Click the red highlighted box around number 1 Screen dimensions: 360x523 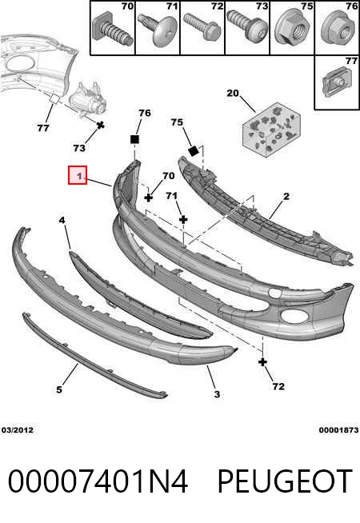pyautogui.click(x=78, y=175)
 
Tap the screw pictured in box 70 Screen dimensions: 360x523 pyautogui.click(x=112, y=30)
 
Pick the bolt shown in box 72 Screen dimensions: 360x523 pyautogui.click(x=202, y=27)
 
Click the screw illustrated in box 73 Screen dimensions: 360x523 pyautogui.click(x=247, y=26)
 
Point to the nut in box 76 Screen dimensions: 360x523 pyautogui.click(x=338, y=29)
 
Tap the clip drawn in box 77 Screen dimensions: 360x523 pyautogui.click(x=336, y=82)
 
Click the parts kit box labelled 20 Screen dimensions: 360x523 pyautogui.click(x=271, y=129)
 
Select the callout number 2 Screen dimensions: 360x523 pyautogui.click(x=286, y=197)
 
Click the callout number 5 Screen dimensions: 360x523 pyautogui.click(x=59, y=389)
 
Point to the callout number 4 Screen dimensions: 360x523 pyautogui.click(x=62, y=220)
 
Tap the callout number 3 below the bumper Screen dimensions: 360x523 pyautogui.click(x=217, y=394)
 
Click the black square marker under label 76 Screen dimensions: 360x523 pyautogui.click(x=134, y=139)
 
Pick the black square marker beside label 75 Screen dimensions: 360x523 pyautogui.click(x=193, y=151)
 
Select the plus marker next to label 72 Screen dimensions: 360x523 pyautogui.click(x=263, y=361)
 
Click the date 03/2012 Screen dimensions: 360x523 pyautogui.click(x=18, y=430)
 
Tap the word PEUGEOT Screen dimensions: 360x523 pyautogui.click(x=285, y=481)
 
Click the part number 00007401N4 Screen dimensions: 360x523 pyautogui.click(x=98, y=481)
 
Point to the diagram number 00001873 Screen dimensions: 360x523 pyautogui.click(x=338, y=430)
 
